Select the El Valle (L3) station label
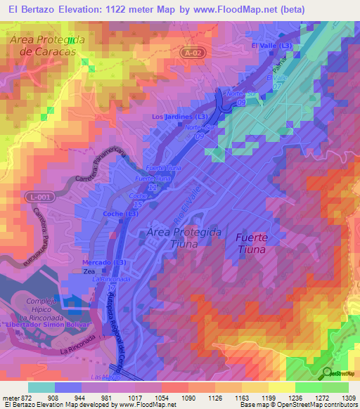pos(271,46)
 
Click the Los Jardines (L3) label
pos(179,117)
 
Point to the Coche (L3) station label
pos(122,214)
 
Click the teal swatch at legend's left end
pos(41,387)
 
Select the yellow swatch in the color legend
pos(281,387)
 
